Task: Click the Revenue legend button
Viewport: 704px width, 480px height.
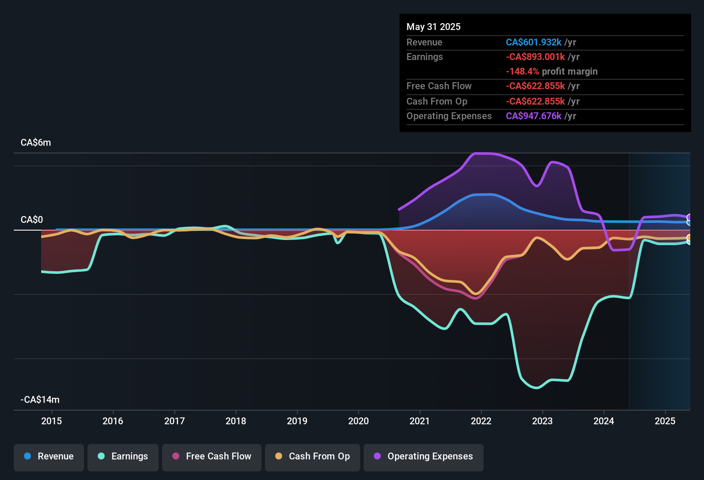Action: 49,456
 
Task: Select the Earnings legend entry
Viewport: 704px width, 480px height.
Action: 123,456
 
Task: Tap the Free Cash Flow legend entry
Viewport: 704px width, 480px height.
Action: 212,456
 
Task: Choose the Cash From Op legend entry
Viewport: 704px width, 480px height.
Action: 313,456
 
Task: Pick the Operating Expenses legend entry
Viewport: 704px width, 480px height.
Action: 424,456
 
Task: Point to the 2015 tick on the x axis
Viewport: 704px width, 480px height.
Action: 51,421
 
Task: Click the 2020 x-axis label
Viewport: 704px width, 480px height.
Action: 358,421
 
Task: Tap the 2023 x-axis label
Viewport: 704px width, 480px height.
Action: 542,421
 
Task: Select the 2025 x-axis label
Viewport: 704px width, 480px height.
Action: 665,421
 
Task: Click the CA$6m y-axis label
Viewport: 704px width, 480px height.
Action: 36,143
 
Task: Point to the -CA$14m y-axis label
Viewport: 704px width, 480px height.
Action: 40,400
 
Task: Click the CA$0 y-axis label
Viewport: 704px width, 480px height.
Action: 32,220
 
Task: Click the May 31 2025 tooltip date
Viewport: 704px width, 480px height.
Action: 433,27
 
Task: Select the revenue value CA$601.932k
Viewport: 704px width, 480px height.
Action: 533,42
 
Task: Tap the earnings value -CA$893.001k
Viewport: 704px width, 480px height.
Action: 535,57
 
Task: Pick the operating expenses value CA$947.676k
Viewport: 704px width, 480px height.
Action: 533,116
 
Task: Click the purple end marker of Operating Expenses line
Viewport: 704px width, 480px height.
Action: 689,218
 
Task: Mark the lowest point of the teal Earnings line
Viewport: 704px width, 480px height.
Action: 536,388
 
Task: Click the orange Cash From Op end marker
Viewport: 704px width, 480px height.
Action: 689,238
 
